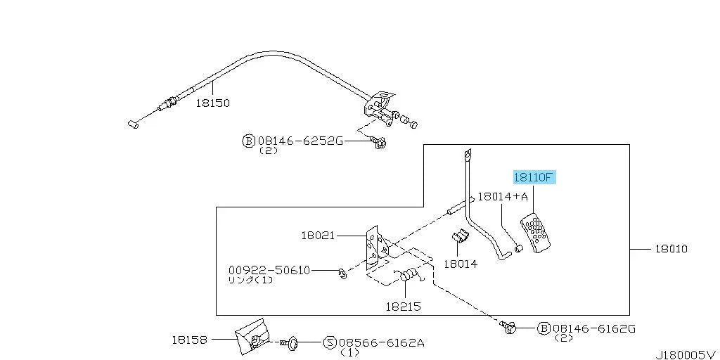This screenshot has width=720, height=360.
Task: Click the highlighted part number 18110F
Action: pyautogui.click(x=534, y=177)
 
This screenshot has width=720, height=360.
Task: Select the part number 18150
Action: pyautogui.click(x=212, y=103)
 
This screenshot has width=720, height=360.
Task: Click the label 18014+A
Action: pyautogui.click(x=503, y=197)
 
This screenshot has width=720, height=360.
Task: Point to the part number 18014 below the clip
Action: pyautogui.click(x=461, y=264)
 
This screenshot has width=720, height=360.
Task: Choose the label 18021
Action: pyautogui.click(x=319, y=236)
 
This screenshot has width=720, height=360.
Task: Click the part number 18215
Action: pyautogui.click(x=403, y=307)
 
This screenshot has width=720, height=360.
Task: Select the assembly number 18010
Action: pyautogui.click(x=671, y=249)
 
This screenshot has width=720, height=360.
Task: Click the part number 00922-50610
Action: pyautogui.click(x=269, y=270)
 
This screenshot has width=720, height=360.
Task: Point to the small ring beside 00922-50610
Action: pyautogui.click(x=342, y=274)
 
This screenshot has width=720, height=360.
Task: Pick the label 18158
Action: pyautogui.click(x=189, y=340)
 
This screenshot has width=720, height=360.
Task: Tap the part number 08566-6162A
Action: pyautogui.click(x=381, y=342)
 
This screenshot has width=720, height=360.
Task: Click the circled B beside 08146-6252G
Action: pyautogui.click(x=248, y=141)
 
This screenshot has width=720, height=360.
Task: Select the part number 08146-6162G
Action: pyautogui.click(x=593, y=328)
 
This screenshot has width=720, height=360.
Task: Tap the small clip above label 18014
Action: pyautogui.click(x=460, y=236)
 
